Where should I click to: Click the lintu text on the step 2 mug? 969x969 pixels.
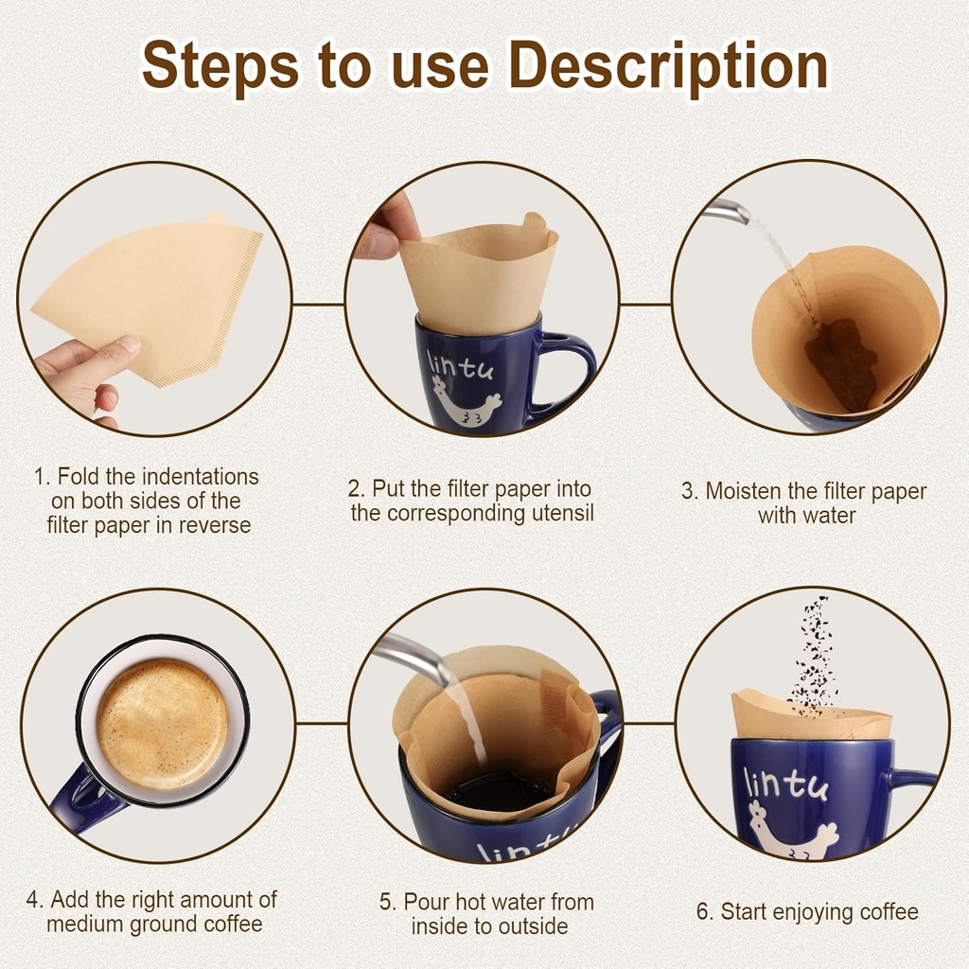click(x=459, y=363)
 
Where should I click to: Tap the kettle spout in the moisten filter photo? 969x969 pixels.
click(x=729, y=211)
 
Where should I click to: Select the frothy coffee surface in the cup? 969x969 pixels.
click(x=162, y=724)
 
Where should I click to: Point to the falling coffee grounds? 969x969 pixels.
click(x=812, y=653)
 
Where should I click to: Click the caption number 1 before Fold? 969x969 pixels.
click(x=39, y=476)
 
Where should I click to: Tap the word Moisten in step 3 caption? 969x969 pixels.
click(x=745, y=491)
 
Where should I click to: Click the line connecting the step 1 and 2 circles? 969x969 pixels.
click(x=318, y=305)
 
